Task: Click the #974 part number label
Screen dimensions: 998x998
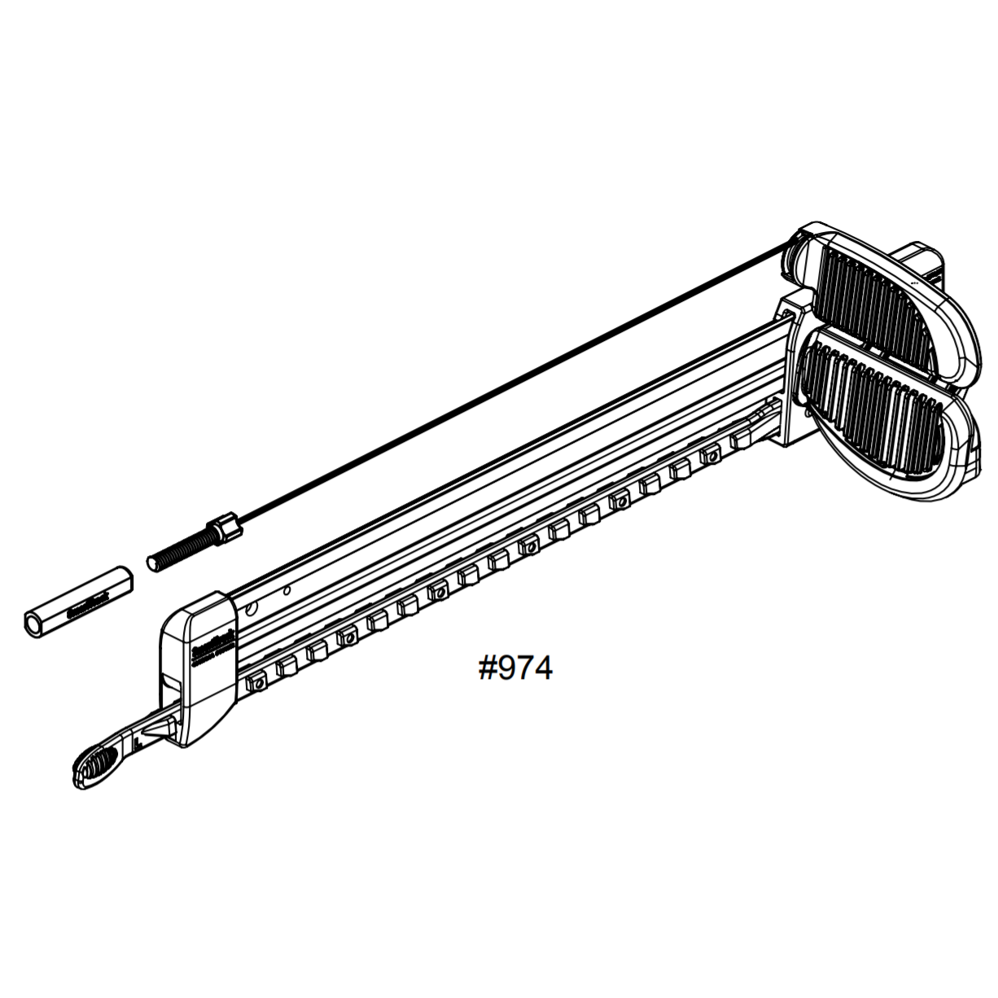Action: pyautogui.click(x=514, y=668)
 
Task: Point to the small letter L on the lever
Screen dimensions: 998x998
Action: pyautogui.click(x=139, y=741)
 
